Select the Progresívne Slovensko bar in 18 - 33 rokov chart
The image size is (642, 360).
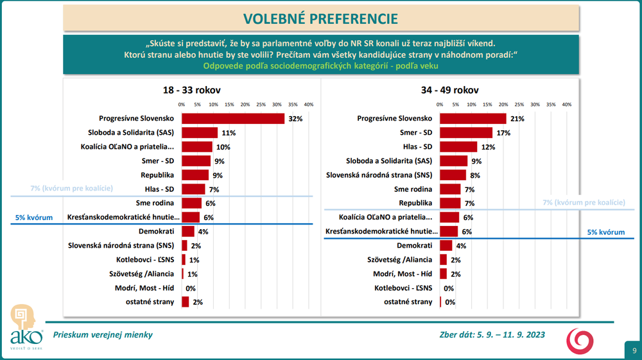click(x=233, y=119)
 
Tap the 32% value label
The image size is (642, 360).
click(x=295, y=119)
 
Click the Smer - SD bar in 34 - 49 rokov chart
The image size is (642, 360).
click(x=466, y=133)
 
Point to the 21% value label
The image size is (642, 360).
click(x=517, y=119)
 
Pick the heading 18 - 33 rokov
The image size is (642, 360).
click(x=192, y=90)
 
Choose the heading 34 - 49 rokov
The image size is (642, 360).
click(x=449, y=90)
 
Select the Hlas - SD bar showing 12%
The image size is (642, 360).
click(x=458, y=147)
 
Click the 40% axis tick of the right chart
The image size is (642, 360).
click(x=566, y=104)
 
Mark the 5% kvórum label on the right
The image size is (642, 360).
click(x=606, y=232)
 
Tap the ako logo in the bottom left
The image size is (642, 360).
click(x=26, y=327)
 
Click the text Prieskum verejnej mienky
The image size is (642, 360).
click(x=103, y=334)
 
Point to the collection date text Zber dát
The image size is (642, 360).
click(x=488, y=334)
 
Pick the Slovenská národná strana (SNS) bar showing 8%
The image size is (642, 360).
click(x=453, y=175)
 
